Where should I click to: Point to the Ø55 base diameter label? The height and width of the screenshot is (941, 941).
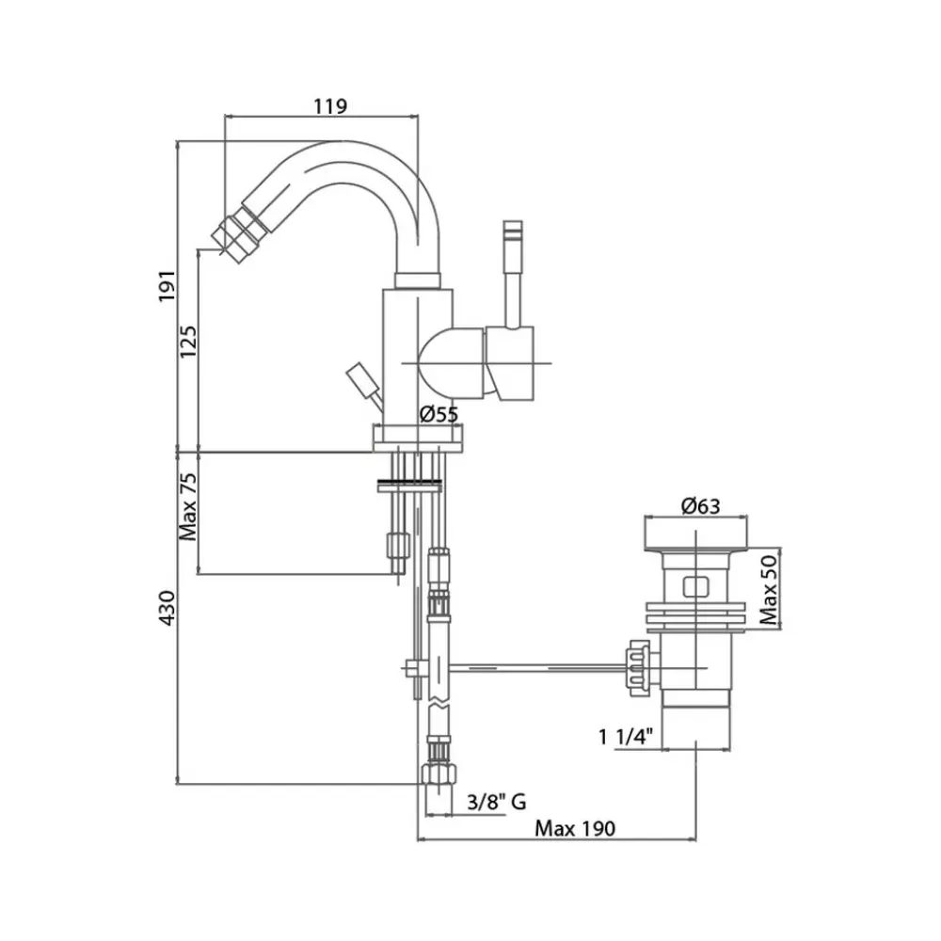439,413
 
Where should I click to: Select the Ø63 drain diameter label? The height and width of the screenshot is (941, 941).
698,506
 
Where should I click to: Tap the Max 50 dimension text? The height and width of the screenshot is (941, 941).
770,588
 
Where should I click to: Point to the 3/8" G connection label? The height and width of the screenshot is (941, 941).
496,802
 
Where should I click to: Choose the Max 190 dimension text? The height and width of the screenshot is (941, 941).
574,829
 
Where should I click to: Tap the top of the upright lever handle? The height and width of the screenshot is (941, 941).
512,231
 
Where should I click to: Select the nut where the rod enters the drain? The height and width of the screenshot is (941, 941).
636,667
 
